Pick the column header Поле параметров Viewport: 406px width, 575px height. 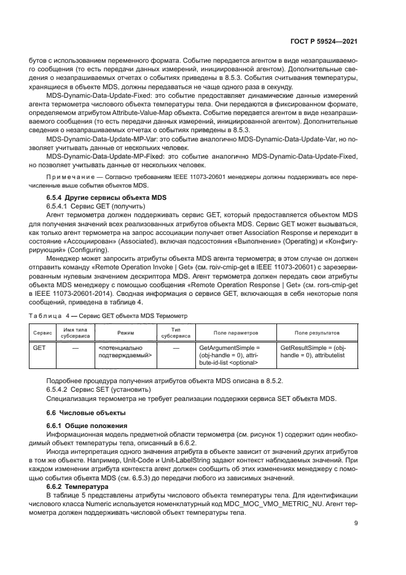tap(235, 333)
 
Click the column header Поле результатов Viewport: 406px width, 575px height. tap(316, 333)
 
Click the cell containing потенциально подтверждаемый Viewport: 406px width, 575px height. tap(124, 352)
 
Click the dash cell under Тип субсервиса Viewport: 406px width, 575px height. tap(176, 348)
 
